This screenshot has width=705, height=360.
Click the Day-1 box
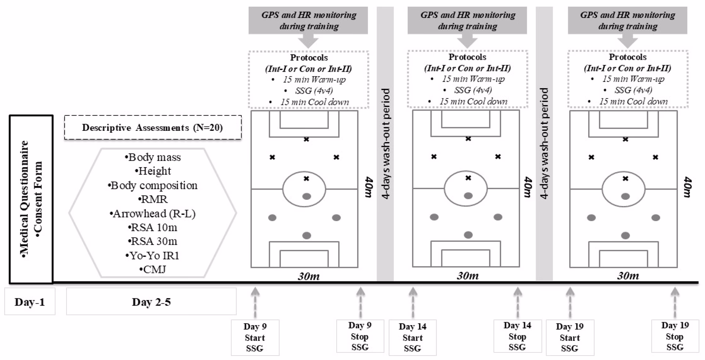click(30, 302)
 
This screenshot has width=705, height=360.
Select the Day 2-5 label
click(151, 302)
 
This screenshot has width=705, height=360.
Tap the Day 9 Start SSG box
click(255, 337)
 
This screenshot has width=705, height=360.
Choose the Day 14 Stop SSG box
click(517, 336)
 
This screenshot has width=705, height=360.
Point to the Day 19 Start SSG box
click(570, 337)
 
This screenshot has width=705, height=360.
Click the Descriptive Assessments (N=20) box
click(153, 127)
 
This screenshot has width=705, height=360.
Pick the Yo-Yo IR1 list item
click(152, 255)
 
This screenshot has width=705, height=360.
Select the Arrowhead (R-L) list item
click(152, 213)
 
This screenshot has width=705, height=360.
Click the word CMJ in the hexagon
click(155, 269)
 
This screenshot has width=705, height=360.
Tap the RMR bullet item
click(153, 199)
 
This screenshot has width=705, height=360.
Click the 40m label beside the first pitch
click(368, 187)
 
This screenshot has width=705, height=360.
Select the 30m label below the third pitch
click(628, 276)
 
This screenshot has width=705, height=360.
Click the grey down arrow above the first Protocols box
click(308, 41)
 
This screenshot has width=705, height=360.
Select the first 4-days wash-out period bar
click(385, 143)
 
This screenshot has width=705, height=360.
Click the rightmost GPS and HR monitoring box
click(628, 20)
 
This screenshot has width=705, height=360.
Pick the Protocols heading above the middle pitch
click(467, 57)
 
